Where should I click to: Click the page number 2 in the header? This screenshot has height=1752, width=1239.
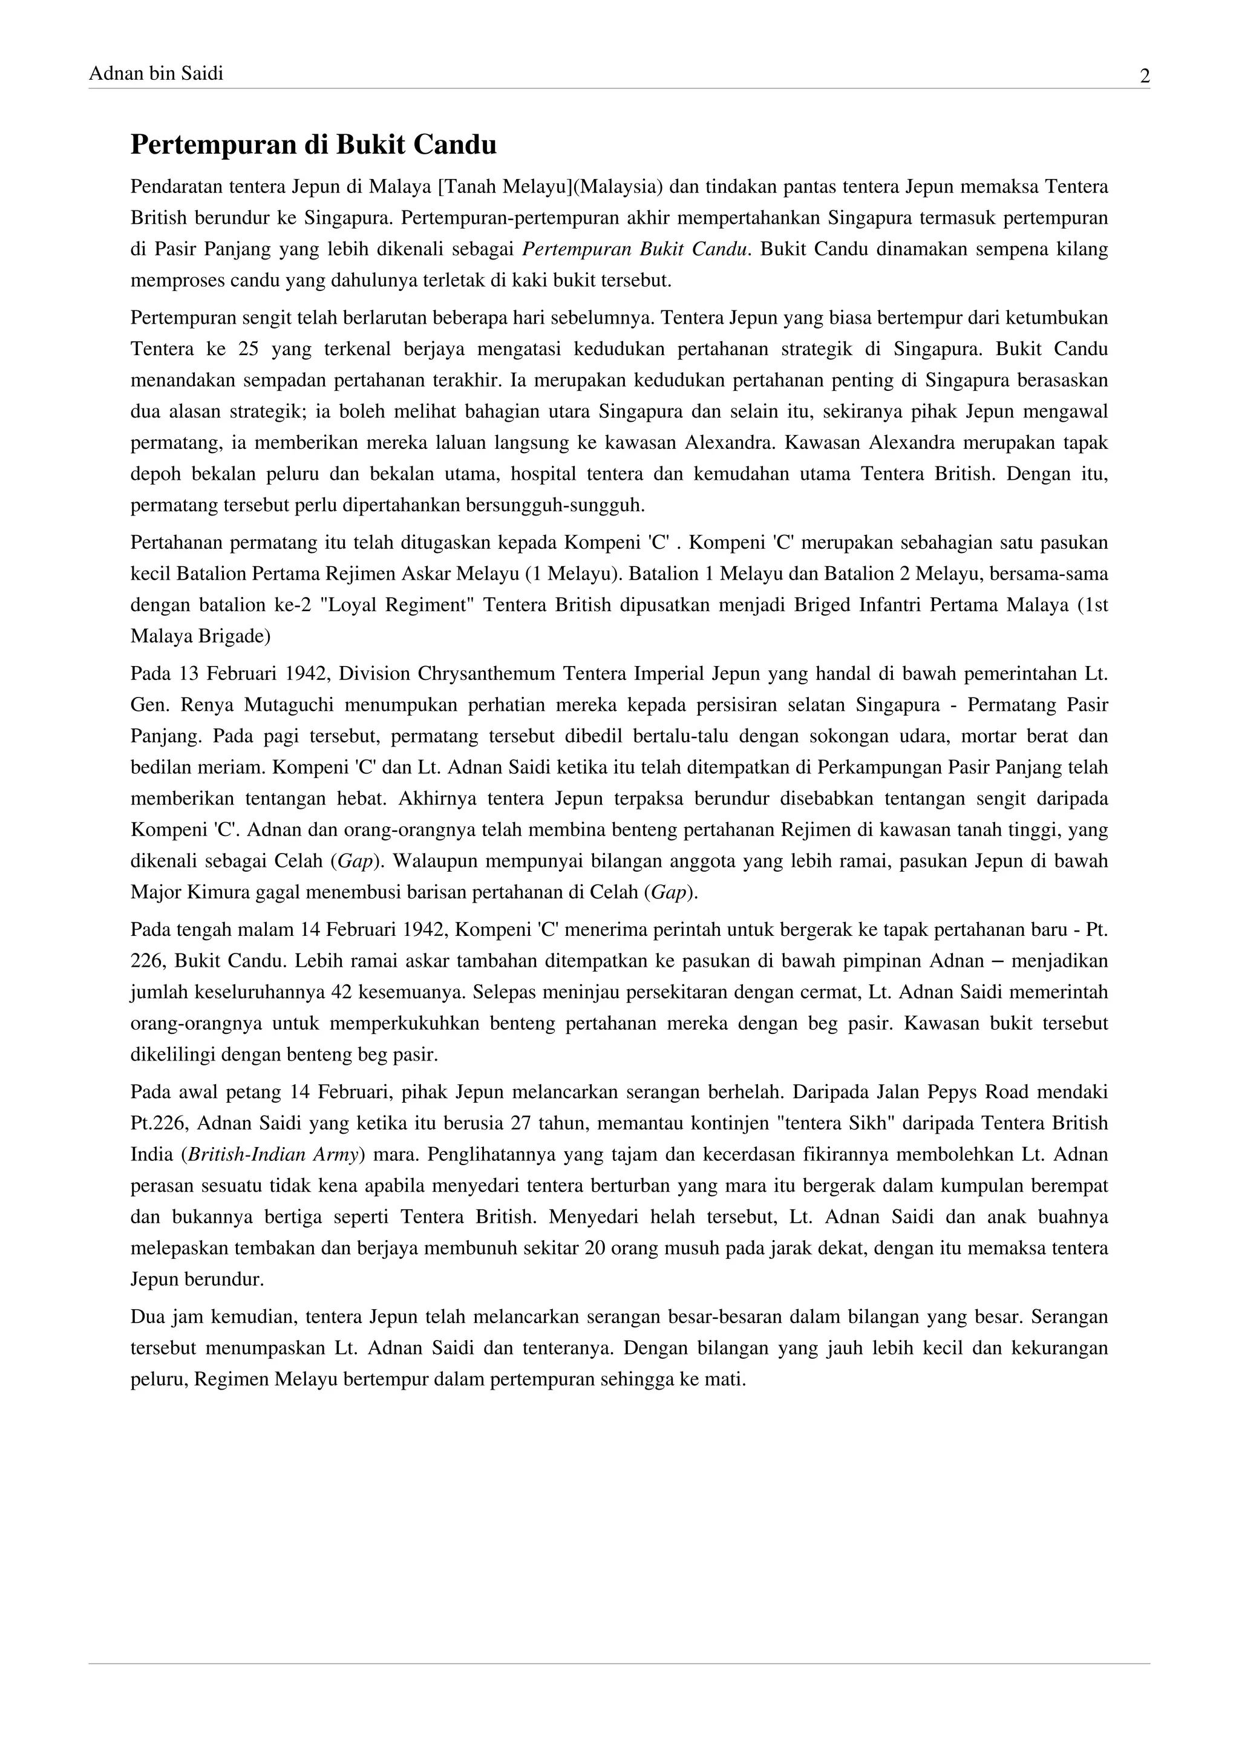point(1145,76)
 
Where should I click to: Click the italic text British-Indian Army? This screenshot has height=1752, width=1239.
point(272,1154)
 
